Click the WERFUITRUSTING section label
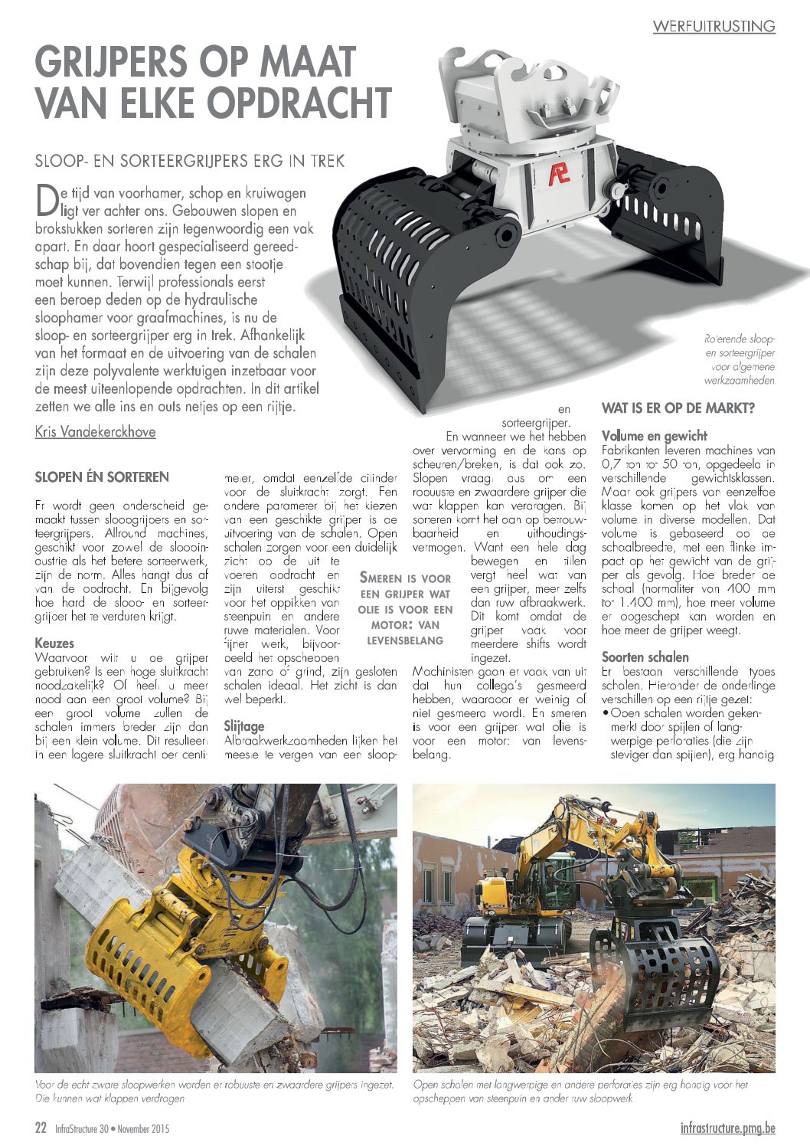pyautogui.click(x=714, y=26)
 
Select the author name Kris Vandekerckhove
pyautogui.click(x=95, y=432)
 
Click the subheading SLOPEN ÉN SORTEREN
pyautogui.click(x=102, y=477)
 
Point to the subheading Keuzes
pyautogui.click(x=54, y=643)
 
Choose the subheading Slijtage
pyautogui.click(x=244, y=725)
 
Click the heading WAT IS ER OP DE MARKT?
pyautogui.click(x=678, y=408)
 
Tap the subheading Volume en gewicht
pyautogui.click(x=654, y=436)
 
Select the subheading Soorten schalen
pyautogui.click(x=645, y=657)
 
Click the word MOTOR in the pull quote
pyautogui.click(x=379, y=624)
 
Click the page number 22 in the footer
pyautogui.click(x=41, y=1128)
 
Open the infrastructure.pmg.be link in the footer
pyautogui.click(x=727, y=1128)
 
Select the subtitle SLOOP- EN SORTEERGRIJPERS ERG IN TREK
pyautogui.click(x=190, y=161)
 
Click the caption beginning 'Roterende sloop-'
pyautogui.click(x=739, y=359)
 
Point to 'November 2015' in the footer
pyautogui.click(x=143, y=1129)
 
